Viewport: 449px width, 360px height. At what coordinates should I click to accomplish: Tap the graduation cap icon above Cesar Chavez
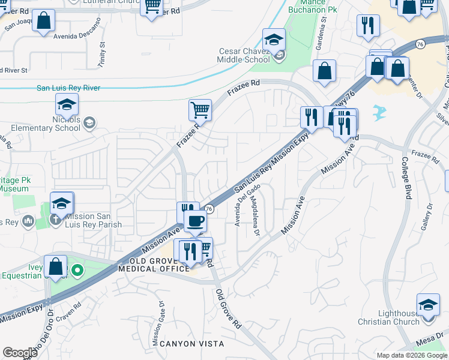[274, 40]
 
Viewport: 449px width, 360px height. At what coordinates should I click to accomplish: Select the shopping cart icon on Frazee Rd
[200, 110]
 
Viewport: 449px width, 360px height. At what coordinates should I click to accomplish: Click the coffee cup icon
[195, 221]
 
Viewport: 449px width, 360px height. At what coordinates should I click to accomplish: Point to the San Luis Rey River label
[68, 88]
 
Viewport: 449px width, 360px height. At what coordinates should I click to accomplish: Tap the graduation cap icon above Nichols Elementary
[67, 105]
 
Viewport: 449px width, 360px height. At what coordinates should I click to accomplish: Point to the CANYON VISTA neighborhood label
[191, 344]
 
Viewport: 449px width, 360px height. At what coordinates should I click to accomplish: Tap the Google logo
[20, 353]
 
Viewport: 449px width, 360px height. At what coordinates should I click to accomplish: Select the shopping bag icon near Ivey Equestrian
[55, 267]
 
